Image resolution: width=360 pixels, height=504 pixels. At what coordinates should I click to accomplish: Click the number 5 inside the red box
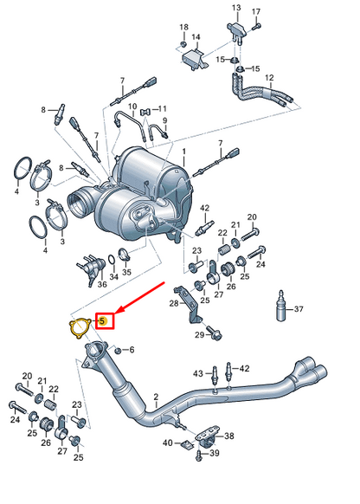coord(104,321)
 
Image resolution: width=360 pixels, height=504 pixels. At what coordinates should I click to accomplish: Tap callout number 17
coord(256,12)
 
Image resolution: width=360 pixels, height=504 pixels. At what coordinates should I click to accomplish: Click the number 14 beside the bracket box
coord(196,37)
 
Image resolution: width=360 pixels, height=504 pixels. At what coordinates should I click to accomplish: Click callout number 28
coord(174,303)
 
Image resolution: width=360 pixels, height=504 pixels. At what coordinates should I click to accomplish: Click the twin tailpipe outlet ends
coord(316,373)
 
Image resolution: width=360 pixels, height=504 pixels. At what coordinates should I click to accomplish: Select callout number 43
coord(198,374)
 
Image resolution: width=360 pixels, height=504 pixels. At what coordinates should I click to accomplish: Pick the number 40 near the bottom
coord(167,443)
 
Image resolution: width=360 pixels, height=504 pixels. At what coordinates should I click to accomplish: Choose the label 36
coord(101,283)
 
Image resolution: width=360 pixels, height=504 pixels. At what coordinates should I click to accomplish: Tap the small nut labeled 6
coord(118,350)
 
